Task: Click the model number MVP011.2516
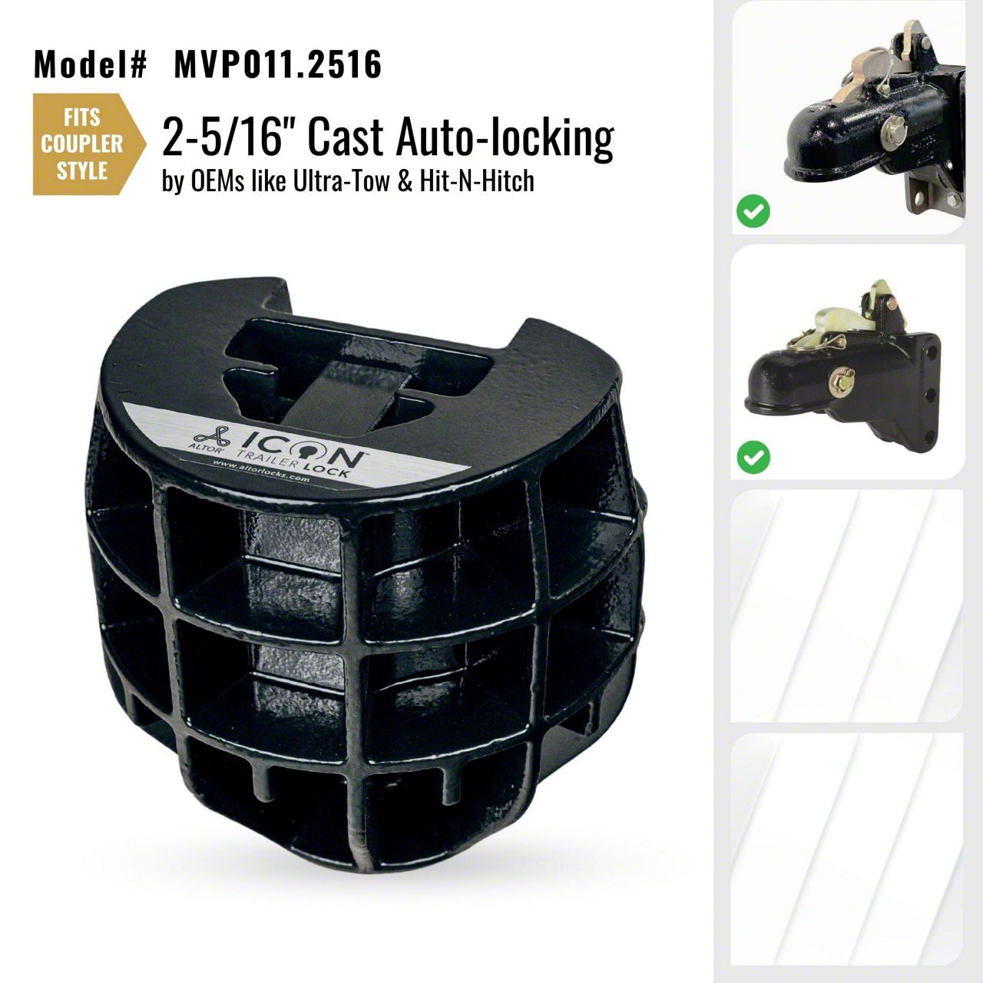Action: point(277,65)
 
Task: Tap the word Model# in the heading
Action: point(91,65)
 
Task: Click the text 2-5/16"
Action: point(221,137)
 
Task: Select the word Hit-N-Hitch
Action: point(476,181)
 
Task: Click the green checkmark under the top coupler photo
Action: point(753,210)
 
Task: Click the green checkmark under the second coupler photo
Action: point(753,456)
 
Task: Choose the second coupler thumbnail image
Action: point(848,362)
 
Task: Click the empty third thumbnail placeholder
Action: point(848,605)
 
